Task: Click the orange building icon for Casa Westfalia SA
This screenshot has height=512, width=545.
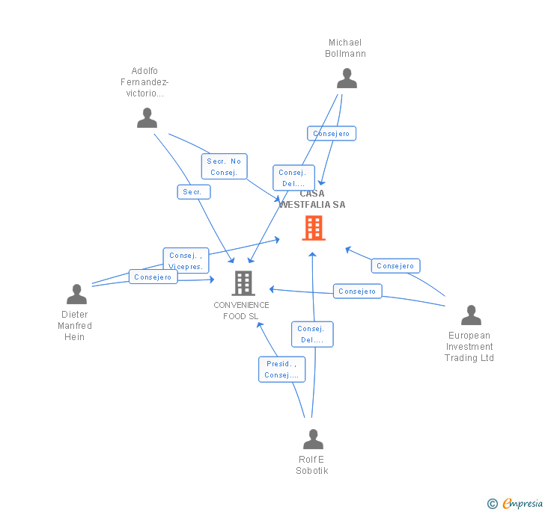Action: [313, 228]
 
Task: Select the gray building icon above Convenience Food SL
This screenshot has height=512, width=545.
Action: [243, 283]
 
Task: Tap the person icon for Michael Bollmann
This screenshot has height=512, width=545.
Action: [347, 78]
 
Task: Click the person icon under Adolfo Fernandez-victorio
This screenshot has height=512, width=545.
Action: [147, 118]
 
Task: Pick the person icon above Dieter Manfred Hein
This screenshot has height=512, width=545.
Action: [76, 294]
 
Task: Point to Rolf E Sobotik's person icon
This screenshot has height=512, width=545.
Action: [313, 439]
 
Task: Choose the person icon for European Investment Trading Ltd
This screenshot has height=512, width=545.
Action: [471, 315]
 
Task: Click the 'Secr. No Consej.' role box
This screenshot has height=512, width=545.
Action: [224, 167]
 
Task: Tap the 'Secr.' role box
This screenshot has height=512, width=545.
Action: [193, 192]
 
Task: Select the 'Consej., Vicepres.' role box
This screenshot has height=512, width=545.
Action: [186, 260]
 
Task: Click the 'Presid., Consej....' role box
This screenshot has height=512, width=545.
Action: [281, 369]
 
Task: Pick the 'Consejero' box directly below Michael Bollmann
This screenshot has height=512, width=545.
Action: [331, 134]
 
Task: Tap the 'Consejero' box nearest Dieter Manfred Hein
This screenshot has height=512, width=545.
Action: [153, 277]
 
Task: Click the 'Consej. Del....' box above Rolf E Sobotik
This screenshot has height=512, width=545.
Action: [311, 334]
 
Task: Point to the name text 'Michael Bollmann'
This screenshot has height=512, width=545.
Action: [345, 48]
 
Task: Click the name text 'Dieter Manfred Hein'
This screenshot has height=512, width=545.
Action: [75, 326]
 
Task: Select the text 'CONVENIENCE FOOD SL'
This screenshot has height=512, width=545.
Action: [241, 310]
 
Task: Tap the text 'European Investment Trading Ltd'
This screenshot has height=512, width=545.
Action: [469, 347]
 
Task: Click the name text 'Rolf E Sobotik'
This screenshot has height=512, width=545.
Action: [311, 465]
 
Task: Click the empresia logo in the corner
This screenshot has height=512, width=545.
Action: [515, 503]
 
